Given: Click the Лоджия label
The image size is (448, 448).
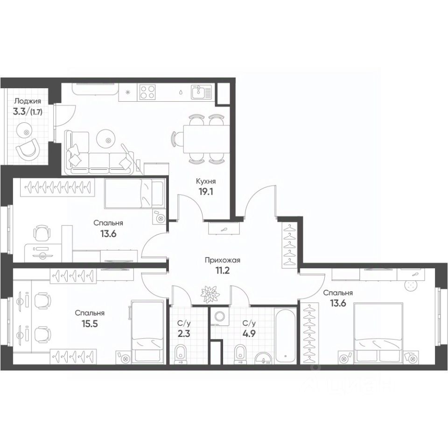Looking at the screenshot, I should pos(27,100).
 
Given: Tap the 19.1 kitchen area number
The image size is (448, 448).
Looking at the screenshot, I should pos(205,191).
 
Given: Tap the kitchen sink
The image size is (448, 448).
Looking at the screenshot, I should pos(202,91).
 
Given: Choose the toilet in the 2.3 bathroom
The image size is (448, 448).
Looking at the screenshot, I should pos(180,355).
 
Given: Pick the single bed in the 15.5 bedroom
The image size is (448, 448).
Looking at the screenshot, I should pos(147,331).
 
